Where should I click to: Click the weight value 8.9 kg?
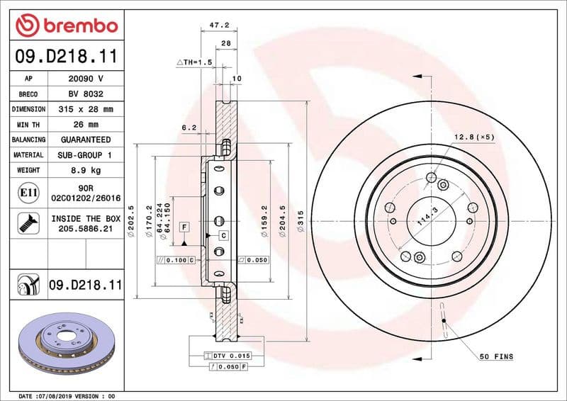point(85,170)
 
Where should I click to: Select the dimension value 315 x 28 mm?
point(85,109)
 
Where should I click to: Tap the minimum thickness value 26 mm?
point(85,125)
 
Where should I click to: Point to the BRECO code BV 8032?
point(85,94)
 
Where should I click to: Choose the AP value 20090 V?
point(85,79)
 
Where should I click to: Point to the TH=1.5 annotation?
point(194,63)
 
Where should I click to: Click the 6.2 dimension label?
point(189,128)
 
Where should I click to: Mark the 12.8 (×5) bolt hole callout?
point(473,136)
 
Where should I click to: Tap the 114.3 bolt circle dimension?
point(425,215)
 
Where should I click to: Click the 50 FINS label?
point(496,356)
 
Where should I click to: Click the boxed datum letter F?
point(184,227)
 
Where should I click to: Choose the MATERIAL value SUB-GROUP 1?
point(85,154)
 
